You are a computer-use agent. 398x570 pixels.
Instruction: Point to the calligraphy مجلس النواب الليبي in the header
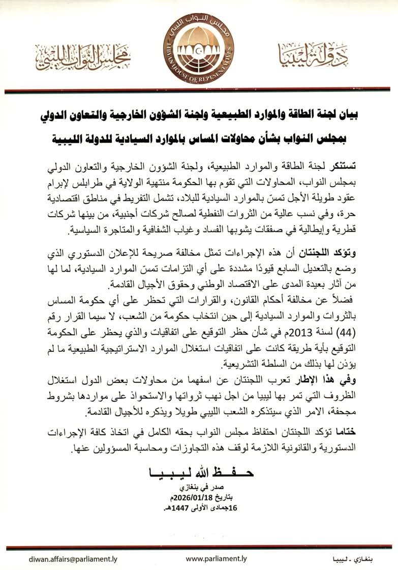point(82,58)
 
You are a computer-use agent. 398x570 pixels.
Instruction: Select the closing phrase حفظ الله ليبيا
point(201,471)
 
